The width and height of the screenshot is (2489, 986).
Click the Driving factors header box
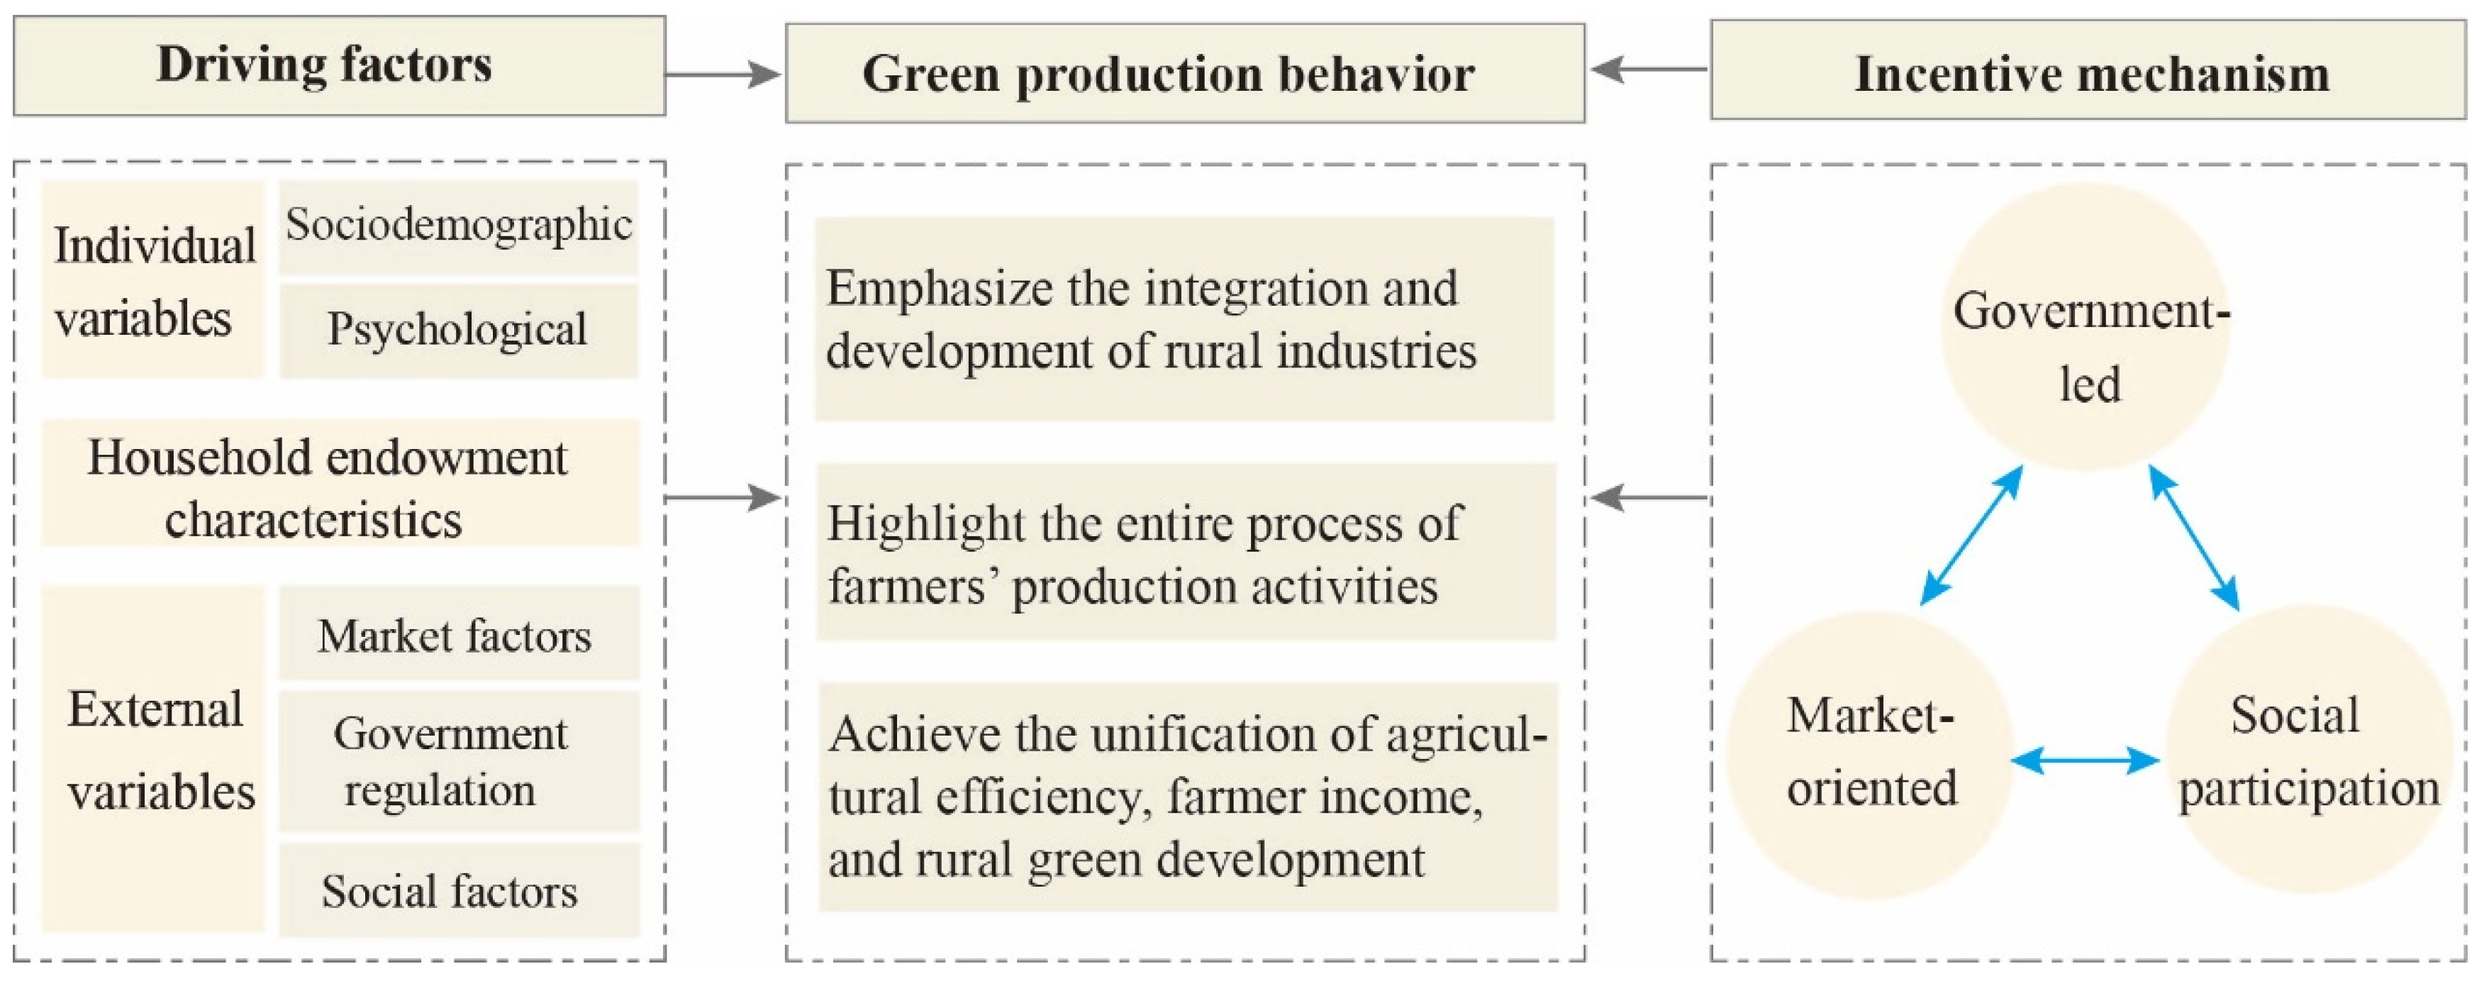(x=339, y=66)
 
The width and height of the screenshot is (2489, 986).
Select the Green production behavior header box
(x=1185, y=74)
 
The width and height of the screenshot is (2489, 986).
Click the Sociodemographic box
(x=459, y=226)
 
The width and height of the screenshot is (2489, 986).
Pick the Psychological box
(x=459, y=330)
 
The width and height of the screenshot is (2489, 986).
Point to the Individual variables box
(x=152, y=279)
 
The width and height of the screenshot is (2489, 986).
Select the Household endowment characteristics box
(x=340, y=483)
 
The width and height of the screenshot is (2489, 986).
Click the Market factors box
(x=459, y=634)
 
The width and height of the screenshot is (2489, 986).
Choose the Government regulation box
(x=459, y=762)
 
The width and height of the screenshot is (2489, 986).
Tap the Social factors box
(x=459, y=890)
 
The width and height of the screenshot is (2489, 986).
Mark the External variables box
(x=152, y=760)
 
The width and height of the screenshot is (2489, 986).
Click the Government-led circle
(x=2085, y=327)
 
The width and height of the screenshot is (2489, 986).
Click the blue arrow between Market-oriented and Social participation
(x=2085, y=760)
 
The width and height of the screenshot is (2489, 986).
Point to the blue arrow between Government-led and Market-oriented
(x=1971, y=536)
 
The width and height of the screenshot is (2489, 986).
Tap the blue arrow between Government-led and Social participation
(x=2194, y=538)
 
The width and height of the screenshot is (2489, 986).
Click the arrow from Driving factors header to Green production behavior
(x=723, y=74)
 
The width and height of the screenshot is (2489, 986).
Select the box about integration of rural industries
(x=1185, y=319)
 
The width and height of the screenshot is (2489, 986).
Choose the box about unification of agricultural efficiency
(x=1188, y=797)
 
